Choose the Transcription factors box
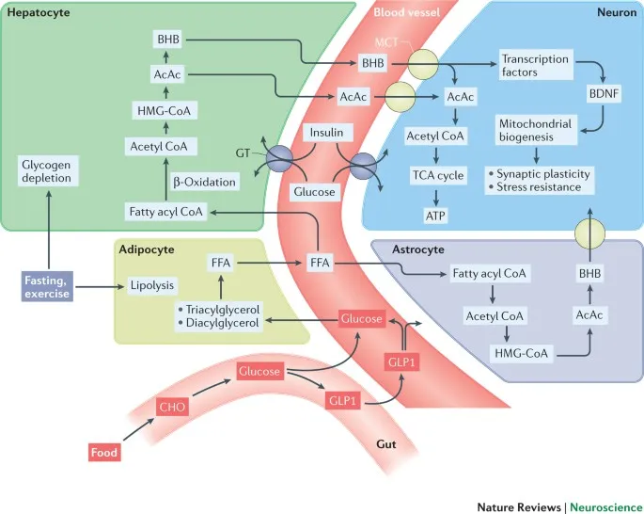pyautogui.click(x=536, y=65)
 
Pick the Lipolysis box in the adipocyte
pyautogui.click(x=154, y=282)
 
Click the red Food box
pyautogui.click(x=103, y=453)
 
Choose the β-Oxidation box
pyautogui.click(x=203, y=179)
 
